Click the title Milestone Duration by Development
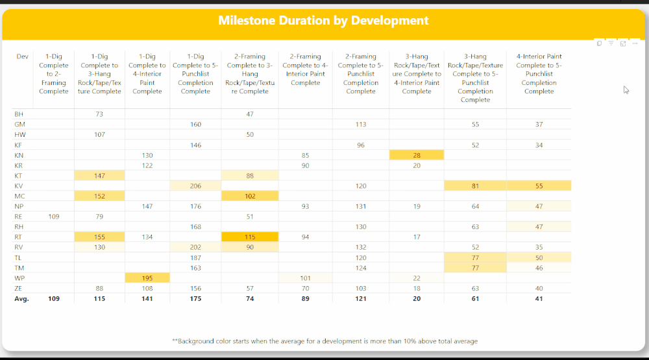323,21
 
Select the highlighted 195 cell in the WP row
147,278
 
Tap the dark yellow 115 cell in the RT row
250,237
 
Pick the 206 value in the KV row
195,186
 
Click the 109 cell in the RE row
53,217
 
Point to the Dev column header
22,57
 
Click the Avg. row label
21,299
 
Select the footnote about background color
324,341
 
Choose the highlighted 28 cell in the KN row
416,155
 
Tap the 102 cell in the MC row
250,196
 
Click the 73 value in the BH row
99,114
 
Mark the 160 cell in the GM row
195,125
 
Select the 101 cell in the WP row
305,278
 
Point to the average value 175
195,299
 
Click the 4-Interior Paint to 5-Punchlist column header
539,74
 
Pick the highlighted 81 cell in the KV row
475,186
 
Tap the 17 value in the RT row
416,237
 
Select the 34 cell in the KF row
539,145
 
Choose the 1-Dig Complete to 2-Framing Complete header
53,74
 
